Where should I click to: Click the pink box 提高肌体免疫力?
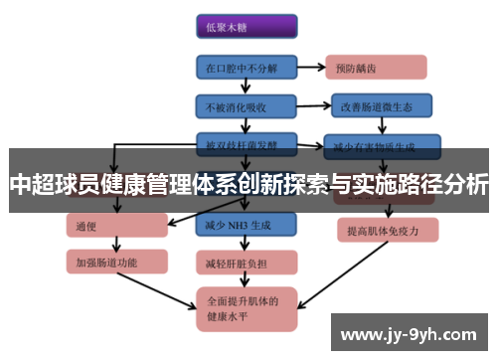382,230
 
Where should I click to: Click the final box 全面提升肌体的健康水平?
246,311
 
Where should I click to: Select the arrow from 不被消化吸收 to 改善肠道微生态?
312,104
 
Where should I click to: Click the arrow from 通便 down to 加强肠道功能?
116,244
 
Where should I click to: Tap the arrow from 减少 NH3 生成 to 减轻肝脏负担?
246,244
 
